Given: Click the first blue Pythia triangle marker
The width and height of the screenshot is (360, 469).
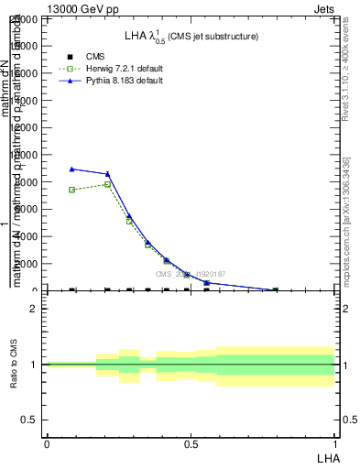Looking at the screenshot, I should tap(71, 169).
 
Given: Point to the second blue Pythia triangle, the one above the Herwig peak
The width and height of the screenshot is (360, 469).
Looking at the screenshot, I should tap(107, 174).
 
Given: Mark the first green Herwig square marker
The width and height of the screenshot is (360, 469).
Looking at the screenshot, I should tap(71, 190).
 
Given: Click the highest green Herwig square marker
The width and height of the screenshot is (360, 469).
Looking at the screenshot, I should tap(107, 184).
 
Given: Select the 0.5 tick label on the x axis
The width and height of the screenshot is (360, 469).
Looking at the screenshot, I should tap(191, 443).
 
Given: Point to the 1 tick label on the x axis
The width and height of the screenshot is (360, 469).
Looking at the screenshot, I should tap(335, 443).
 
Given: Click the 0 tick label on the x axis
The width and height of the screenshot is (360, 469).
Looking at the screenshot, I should tap(46, 443).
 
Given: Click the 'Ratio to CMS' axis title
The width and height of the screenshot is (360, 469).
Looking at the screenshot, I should tap(12, 364).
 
